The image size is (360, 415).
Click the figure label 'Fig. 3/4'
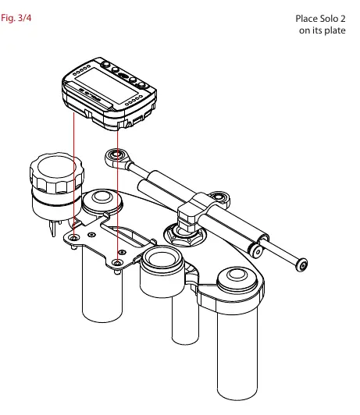coord(16,18)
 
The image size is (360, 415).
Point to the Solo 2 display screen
coord(106,86)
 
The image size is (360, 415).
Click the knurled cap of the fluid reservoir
coord(57,172)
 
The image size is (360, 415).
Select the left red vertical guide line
coord(73,176)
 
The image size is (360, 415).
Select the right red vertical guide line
coord(117,197)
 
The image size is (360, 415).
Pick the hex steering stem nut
coord(184,235)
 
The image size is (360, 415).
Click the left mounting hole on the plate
coord(73,239)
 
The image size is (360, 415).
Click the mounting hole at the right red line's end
coord(117,263)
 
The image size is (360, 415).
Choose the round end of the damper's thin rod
coord(301,264)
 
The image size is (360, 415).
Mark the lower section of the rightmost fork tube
coord(237,352)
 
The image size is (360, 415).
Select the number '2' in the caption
coord(343,19)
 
